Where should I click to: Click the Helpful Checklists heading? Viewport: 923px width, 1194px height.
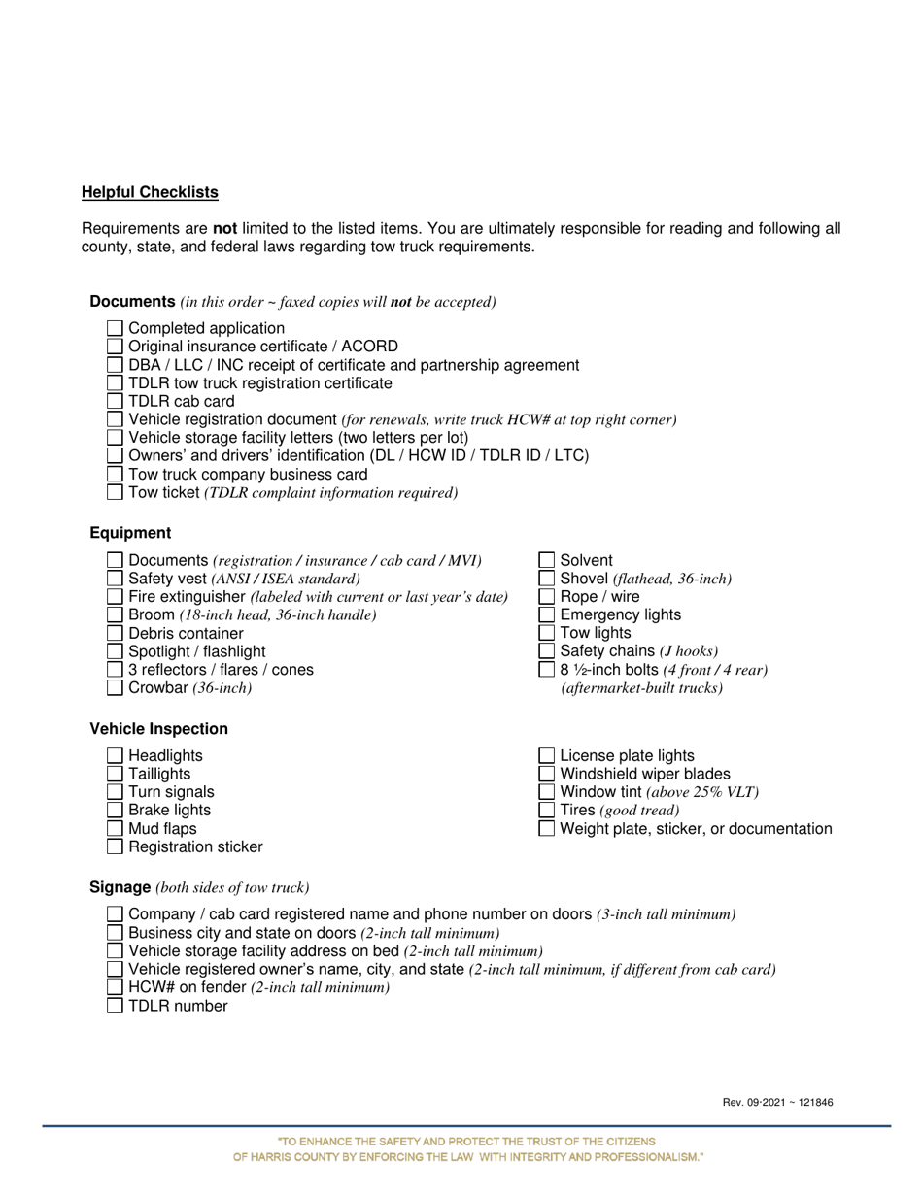click(x=150, y=192)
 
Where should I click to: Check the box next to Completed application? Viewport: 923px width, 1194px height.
click(x=115, y=329)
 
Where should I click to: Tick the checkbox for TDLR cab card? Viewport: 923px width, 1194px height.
click(x=115, y=401)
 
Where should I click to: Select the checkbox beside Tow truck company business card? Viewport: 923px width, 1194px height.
click(x=115, y=475)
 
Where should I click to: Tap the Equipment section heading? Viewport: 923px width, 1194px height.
click(x=130, y=533)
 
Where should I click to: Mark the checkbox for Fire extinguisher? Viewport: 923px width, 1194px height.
click(x=115, y=597)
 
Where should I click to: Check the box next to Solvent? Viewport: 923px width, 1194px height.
click(x=546, y=560)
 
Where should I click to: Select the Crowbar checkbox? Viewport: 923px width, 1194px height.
click(x=115, y=688)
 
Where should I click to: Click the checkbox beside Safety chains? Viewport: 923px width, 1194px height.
click(x=546, y=651)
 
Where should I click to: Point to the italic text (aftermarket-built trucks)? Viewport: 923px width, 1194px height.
click(x=641, y=688)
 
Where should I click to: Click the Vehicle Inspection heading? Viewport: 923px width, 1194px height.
click(x=158, y=729)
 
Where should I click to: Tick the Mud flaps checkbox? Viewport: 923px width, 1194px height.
click(x=115, y=829)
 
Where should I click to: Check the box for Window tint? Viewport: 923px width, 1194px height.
click(x=546, y=792)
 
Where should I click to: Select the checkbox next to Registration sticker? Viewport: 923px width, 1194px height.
click(x=115, y=847)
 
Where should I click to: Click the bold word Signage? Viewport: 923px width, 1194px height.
click(x=120, y=887)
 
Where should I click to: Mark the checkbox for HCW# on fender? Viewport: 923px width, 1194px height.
click(x=115, y=987)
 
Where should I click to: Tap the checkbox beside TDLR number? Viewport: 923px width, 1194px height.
click(x=115, y=1006)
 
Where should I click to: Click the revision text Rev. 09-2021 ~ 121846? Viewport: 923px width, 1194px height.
click(x=777, y=1102)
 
